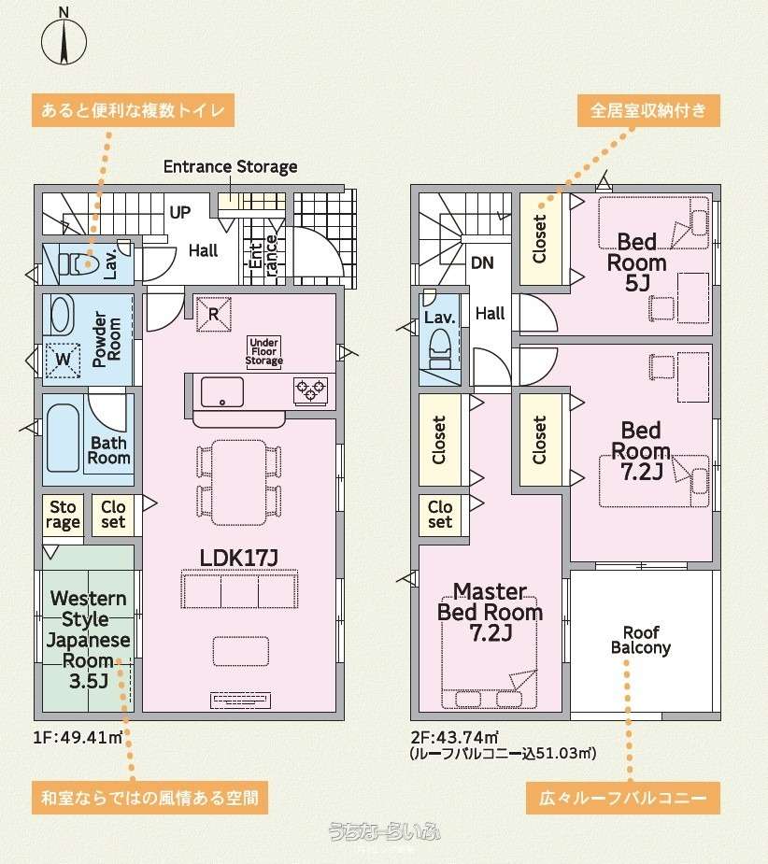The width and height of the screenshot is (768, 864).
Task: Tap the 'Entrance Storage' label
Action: (230, 166)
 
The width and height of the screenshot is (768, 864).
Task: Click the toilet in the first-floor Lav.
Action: (78, 264)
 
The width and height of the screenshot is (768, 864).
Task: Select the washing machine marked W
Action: (63, 360)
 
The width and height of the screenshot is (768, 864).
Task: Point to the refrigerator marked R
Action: (213, 314)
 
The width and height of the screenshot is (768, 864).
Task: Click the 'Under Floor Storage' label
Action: (264, 351)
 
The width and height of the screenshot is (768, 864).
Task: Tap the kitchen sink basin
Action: (221, 392)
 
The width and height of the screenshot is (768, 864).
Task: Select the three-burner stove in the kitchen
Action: (311, 391)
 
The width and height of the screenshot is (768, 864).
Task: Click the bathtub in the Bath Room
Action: (63, 438)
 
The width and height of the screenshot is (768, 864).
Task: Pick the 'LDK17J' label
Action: (239, 558)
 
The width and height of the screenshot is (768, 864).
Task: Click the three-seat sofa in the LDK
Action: (240, 589)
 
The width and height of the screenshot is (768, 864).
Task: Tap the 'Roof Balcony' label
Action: (641, 640)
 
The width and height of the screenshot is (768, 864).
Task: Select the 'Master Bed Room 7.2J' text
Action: (491, 612)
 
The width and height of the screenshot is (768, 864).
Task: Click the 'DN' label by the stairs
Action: (482, 262)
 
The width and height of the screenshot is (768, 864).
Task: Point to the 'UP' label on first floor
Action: (179, 212)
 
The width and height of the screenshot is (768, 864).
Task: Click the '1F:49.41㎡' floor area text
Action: (78, 737)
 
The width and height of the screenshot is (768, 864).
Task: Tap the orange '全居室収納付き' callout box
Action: (648, 110)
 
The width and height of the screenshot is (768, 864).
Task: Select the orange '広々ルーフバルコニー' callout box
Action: (623, 798)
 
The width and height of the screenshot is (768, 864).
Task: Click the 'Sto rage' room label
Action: (63, 514)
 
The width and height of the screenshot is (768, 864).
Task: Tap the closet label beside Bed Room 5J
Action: (539, 238)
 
